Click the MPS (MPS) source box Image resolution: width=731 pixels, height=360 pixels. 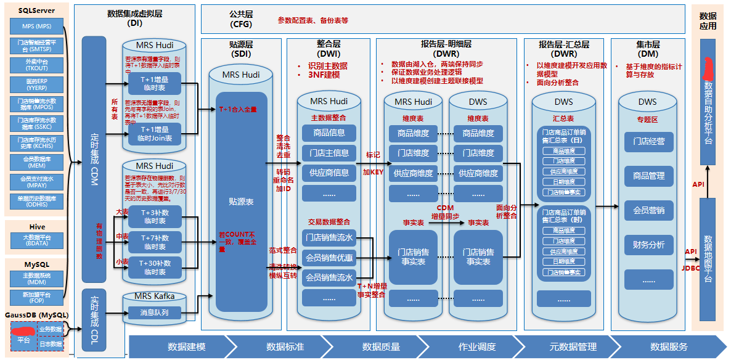click(36, 27)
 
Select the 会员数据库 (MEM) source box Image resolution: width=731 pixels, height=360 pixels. click(36, 162)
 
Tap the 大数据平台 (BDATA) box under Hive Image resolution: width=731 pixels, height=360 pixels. click(36, 240)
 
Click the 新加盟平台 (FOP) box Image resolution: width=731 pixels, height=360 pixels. click(36, 297)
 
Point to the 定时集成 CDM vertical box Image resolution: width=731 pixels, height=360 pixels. click(94, 157)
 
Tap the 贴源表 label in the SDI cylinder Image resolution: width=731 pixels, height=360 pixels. click(241, 201)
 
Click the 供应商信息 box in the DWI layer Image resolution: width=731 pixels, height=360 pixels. click(329, 173)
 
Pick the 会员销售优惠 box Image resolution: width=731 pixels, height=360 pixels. click(329, 258)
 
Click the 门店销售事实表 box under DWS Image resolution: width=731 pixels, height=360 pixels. click(478, 256)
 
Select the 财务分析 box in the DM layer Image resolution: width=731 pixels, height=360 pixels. click(648, 245)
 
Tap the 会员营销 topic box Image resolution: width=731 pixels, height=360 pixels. click(648, 210)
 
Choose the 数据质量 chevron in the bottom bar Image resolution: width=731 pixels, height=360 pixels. click(380, 346)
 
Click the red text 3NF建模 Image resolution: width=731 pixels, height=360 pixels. click(324, 75)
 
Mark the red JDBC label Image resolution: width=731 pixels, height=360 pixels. click(690, 268)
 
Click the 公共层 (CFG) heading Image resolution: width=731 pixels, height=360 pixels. click(240, 19)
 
